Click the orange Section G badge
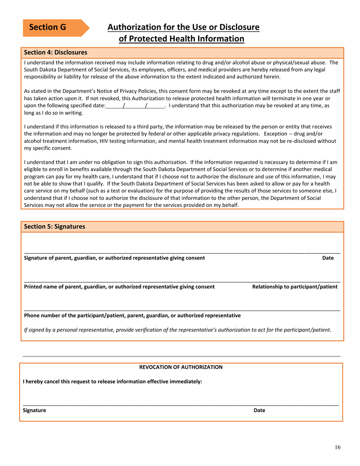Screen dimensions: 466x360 [53, 28]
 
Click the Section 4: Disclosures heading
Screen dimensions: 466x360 [56, 52]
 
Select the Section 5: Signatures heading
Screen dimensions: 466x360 [55, 227]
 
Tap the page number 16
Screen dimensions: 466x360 [338, 447]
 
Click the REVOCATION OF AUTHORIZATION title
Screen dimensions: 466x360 [181, 367]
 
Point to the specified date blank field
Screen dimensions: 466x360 [135, 106]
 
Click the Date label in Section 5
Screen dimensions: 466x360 [328, 258]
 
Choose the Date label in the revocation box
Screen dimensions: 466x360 [259, 410]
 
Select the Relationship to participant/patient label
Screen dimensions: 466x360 [295, 287]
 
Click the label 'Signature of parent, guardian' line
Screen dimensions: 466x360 [114, 258]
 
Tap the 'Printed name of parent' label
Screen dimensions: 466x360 [119, 287]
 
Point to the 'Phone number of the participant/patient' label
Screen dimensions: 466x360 [132, 315]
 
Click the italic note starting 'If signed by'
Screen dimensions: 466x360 [177, 330]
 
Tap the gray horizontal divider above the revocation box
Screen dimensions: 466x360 [182, 356]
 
